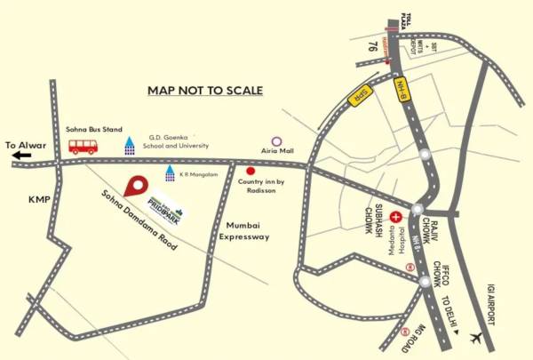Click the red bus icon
[x=83, y=146]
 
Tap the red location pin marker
[x=135, y=188]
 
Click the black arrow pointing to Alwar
[x=20, y=156]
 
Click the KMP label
[x=40, y=200]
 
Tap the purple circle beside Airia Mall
[x=277, y=140]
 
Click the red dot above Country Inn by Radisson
[x=251, y=170]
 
